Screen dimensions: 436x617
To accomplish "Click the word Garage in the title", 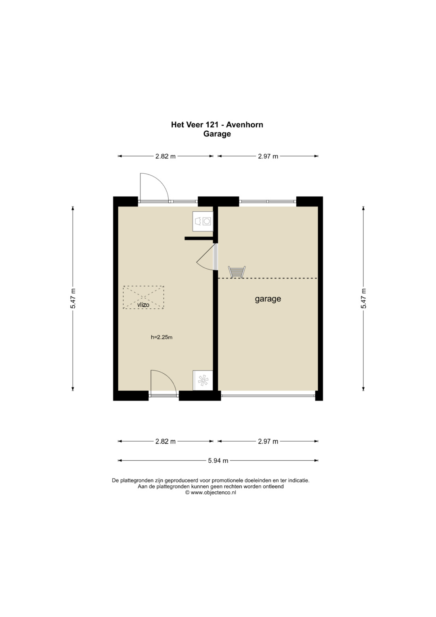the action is coord(217,134).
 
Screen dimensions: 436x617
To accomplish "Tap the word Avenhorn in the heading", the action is coord(245,125).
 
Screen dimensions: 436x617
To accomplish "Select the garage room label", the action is coord(268,299).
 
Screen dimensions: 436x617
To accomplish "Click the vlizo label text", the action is coord(143,305).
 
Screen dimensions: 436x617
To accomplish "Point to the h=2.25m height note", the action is coord(161,337).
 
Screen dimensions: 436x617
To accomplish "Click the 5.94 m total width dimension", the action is coord(218,461).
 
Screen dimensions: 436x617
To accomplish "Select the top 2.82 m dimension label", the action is coord(166,156).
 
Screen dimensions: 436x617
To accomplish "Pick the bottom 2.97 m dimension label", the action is coord(268,442).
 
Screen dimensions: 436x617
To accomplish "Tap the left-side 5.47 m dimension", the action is coord(73,299).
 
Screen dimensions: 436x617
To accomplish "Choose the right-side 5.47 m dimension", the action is coord(363,299).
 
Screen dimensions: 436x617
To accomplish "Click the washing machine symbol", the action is coord(203,221).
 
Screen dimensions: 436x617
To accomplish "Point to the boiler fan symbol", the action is coord(203,380).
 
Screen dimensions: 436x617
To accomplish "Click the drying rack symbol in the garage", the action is coord(237,272).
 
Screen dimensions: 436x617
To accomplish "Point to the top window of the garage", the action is coord(268,201).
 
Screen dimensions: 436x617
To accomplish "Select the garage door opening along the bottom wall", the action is coord(268,396).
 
